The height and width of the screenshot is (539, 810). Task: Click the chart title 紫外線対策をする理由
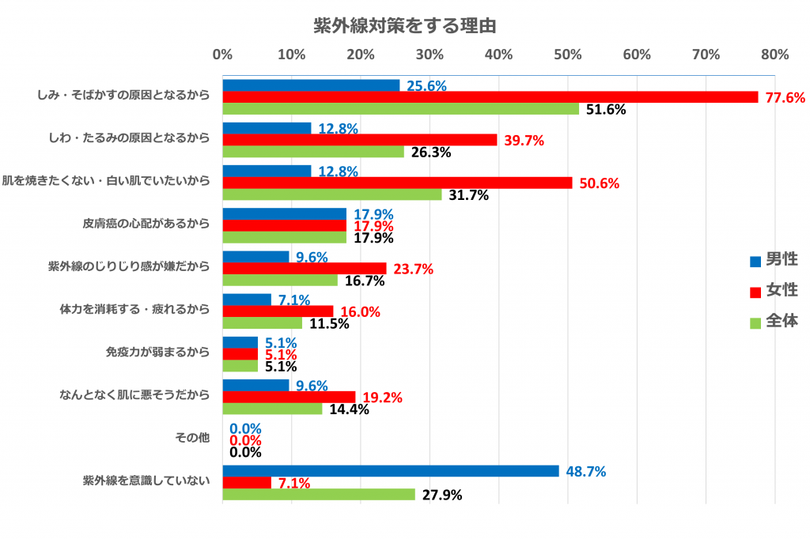point(404,25)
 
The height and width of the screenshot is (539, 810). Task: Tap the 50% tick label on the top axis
point(568,55)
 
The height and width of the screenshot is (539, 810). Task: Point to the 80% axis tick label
point(774,55)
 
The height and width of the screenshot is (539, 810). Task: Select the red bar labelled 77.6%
point(490,97)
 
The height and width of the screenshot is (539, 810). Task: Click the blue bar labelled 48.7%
point(391,471)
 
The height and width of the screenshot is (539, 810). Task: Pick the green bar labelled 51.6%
point(400,109)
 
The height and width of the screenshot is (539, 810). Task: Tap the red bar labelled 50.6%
point(397,183)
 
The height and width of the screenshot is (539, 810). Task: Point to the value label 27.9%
point(441,495)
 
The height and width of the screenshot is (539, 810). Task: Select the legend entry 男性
point(780,260)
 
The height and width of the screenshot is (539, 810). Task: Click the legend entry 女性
point(780,291)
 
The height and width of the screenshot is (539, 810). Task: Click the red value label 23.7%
point(413,269)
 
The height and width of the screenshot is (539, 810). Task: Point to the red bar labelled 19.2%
point(289,397)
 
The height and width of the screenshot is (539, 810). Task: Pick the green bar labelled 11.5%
point(262,323)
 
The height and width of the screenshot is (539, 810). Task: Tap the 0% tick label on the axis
point(222,55)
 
